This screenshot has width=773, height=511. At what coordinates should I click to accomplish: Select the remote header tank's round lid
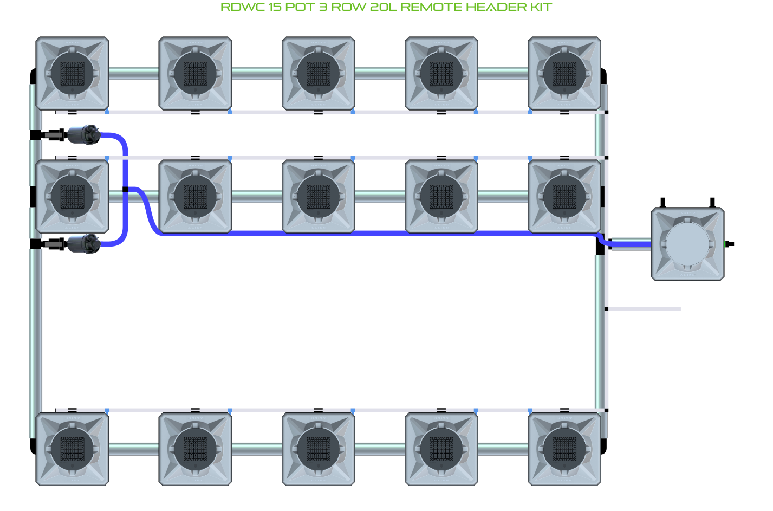687,244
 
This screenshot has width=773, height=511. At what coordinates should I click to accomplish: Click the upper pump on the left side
84,134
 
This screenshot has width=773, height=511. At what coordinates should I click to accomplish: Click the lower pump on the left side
84,244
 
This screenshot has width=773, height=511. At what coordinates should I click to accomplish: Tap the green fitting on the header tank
726,244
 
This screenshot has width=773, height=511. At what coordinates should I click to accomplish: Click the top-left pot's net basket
72,74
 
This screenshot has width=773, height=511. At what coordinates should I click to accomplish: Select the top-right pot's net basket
564,74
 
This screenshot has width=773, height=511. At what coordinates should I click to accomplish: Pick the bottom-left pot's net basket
72,449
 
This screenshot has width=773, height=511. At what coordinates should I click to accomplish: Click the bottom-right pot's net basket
564,449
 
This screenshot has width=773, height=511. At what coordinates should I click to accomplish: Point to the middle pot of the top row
319,74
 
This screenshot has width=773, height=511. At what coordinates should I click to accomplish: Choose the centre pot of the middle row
319,196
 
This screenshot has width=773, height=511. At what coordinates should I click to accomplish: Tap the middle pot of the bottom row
319,449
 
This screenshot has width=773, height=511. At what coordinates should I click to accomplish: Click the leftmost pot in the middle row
72,196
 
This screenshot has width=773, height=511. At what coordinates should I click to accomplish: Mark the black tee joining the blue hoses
125,190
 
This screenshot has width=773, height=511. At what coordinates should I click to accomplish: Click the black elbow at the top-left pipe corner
33,76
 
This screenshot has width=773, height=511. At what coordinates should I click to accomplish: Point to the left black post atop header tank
662,203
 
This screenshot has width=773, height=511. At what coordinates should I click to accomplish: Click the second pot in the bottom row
196,449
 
